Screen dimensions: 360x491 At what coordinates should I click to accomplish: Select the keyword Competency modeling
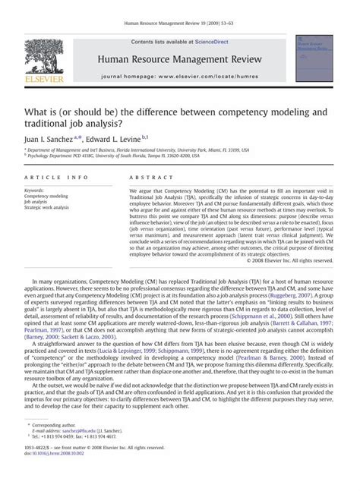click(46, 196)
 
